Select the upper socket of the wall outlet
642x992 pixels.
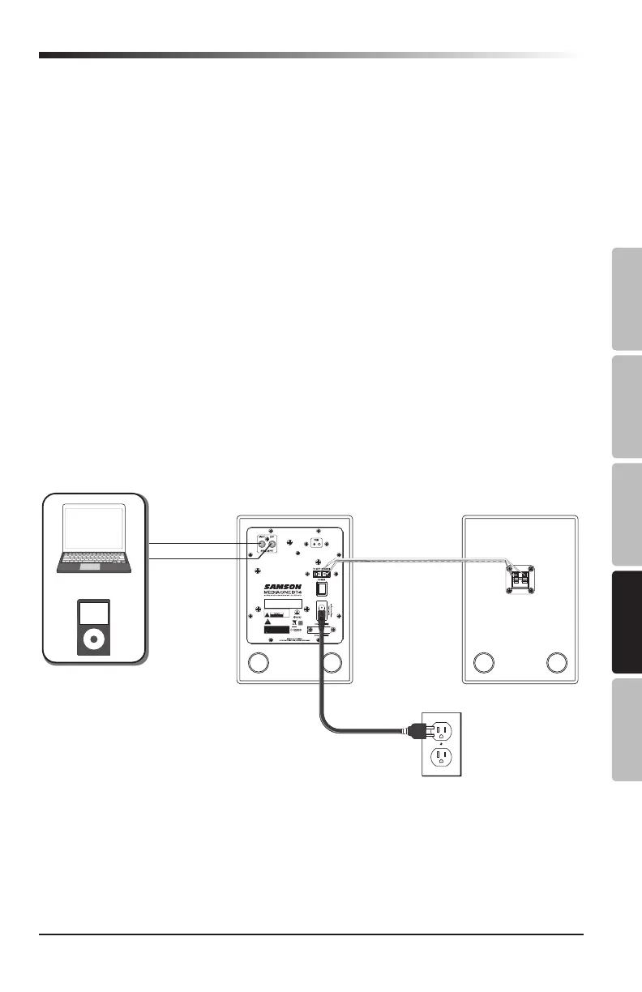(x=441, y=729)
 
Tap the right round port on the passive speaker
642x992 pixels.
(x=556, y=663)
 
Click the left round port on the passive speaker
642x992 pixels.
(x=484, y=663)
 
